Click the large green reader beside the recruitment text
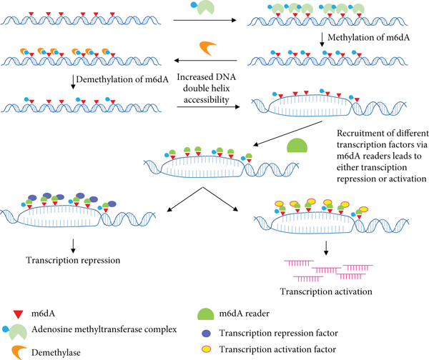tap(298, 146)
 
